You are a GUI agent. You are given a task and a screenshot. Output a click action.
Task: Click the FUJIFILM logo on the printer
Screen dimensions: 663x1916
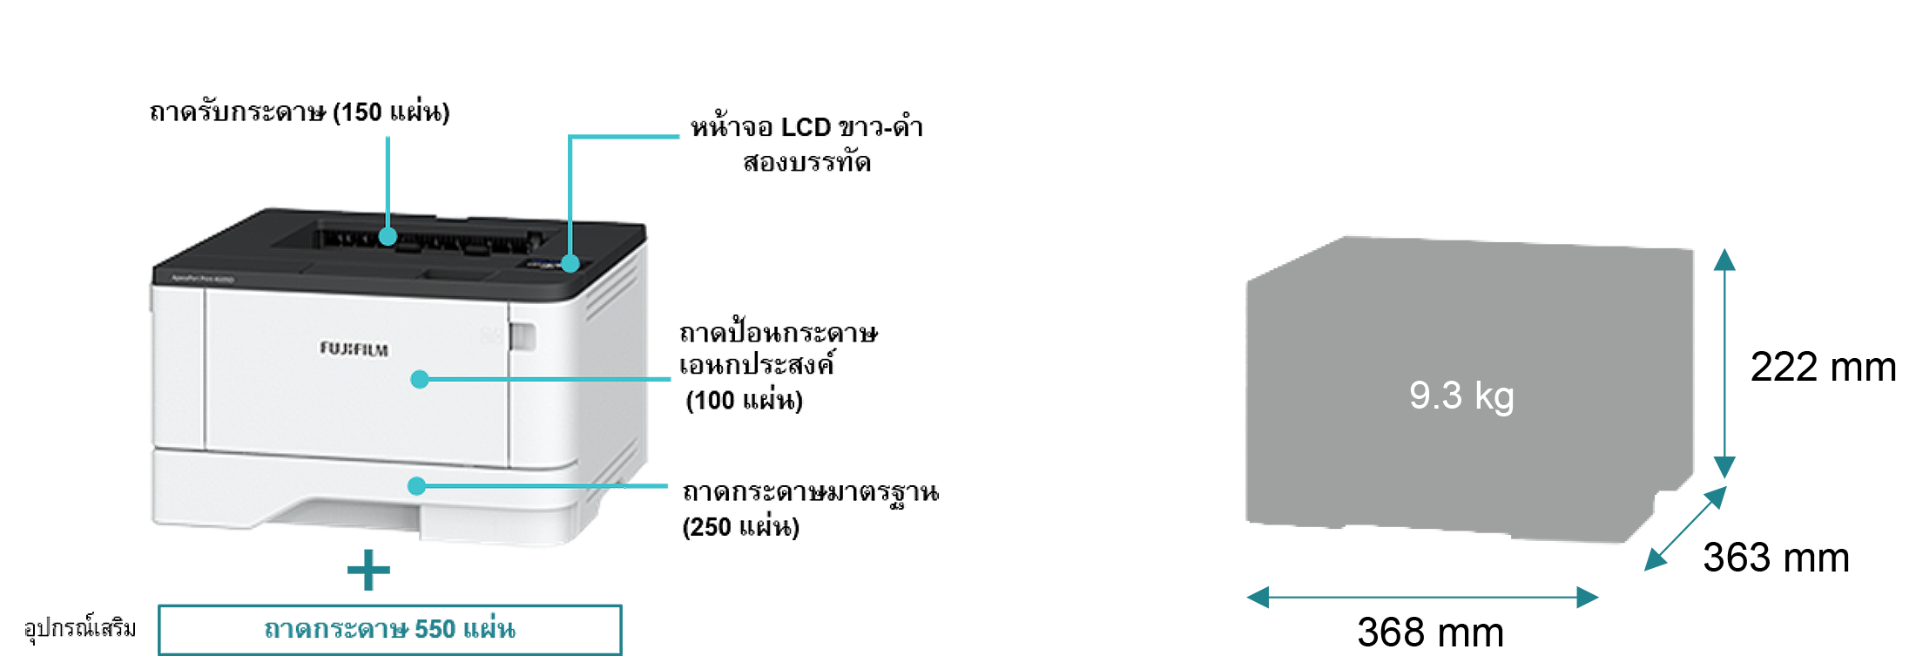pyautogui.click(x=354, y=349)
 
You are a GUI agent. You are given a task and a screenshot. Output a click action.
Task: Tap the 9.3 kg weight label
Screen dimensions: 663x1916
pyautogui.click(x=1461, y=396)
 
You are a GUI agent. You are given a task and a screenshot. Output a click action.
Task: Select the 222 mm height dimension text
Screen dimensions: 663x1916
pyautogui.click(x=1823, y=367)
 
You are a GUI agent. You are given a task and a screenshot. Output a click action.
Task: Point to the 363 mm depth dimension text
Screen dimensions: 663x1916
pyautogui.click(x=1776, y=557)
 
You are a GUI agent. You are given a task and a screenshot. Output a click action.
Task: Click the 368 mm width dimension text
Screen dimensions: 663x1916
pyautogui.click(x=1430, y=632)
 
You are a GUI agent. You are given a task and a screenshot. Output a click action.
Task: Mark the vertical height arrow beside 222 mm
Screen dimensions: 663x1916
pyautogui.click(x=1724, y=362)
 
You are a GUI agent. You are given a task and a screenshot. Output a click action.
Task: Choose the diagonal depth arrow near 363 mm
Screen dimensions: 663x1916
pyautogui.click(x=1684, y=528)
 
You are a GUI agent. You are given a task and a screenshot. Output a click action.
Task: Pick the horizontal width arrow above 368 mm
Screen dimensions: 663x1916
pyautogui.click(x=1422, y=598)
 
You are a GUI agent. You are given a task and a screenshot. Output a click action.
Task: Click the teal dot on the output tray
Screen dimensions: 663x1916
pyautogui.click(x=388, y=236)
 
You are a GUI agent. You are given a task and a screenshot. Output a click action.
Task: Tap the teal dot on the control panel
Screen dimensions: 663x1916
pyautogui.click(x=570, y=263)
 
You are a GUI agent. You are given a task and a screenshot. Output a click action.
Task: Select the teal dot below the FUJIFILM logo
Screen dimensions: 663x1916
pyautogui.click(x=420, y=379)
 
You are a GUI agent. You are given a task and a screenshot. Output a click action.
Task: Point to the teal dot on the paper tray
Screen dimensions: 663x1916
pyautogui.click(x=417, y=486)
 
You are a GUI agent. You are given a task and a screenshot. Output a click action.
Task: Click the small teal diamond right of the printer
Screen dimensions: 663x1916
pyautogui.click(x=665, y=381)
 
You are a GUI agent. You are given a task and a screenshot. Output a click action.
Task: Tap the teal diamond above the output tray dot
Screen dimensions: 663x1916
pyautogui.click(x=388, y=166)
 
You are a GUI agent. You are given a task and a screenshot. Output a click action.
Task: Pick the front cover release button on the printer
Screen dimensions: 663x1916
pyautogui.click(x=523, y=336)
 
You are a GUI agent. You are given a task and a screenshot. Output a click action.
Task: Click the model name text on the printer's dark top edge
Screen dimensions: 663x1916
pyautogui.click(x=202, y=279)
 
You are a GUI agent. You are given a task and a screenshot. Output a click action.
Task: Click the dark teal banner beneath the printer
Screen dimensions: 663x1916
pyautogui.click(x=383, y=610)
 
